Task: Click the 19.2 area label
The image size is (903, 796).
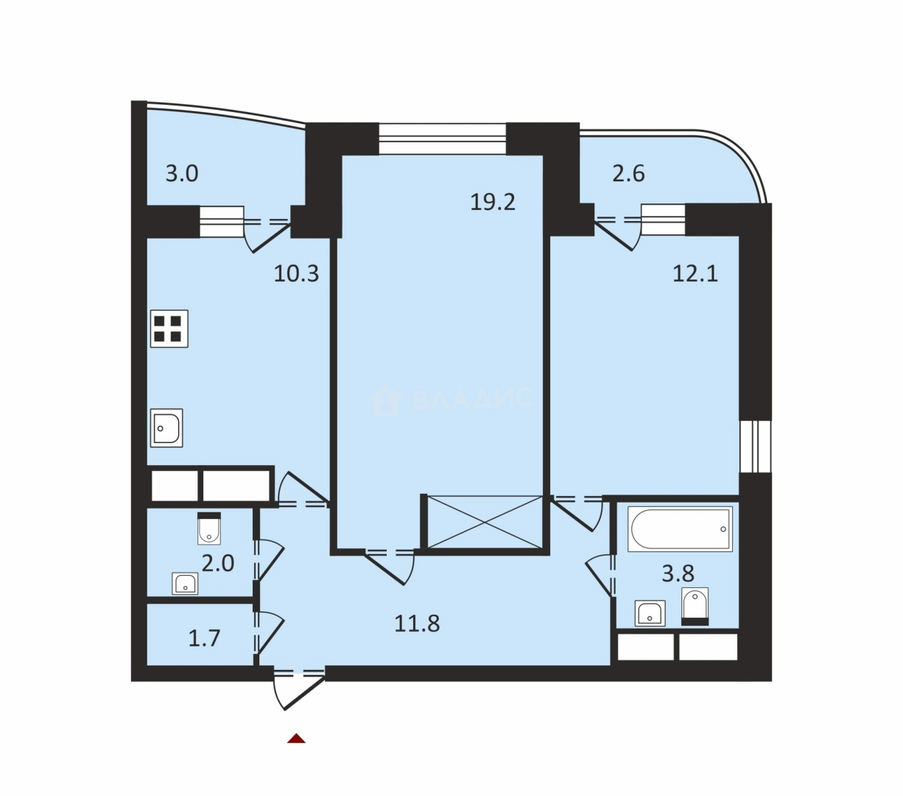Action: (x=493, y=202)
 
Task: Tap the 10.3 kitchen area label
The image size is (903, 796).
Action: (x=296, y=273)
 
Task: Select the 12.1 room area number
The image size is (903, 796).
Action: (x=695, y=273)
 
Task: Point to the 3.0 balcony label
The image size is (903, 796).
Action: (x=182, y=173)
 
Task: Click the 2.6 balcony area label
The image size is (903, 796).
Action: (x=628, y=173)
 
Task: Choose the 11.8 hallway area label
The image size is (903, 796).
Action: (x=417, y=623)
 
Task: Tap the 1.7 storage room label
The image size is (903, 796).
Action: (x=204, y=638)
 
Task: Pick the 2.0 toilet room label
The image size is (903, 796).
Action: (x=218, y=564)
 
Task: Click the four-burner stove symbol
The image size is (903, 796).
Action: (x=169, y=329)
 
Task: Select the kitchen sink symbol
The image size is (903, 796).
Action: (x=166, y=428)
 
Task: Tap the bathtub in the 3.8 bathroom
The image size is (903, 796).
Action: (x=680, y=529)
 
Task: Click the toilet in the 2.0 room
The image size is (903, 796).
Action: (x=209, y=528)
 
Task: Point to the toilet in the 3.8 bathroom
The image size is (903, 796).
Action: (x=695, y=606)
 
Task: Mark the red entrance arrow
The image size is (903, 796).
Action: (x=296, y=739)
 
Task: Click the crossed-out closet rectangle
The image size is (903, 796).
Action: (x=485, y=522)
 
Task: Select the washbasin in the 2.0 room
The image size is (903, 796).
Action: (x=185, y=584)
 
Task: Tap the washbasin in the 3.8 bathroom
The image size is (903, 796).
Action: (x=650, y=613)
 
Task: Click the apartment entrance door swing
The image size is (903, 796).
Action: (x=298, y=691)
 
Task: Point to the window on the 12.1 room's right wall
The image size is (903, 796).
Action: (x=755, y=445)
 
